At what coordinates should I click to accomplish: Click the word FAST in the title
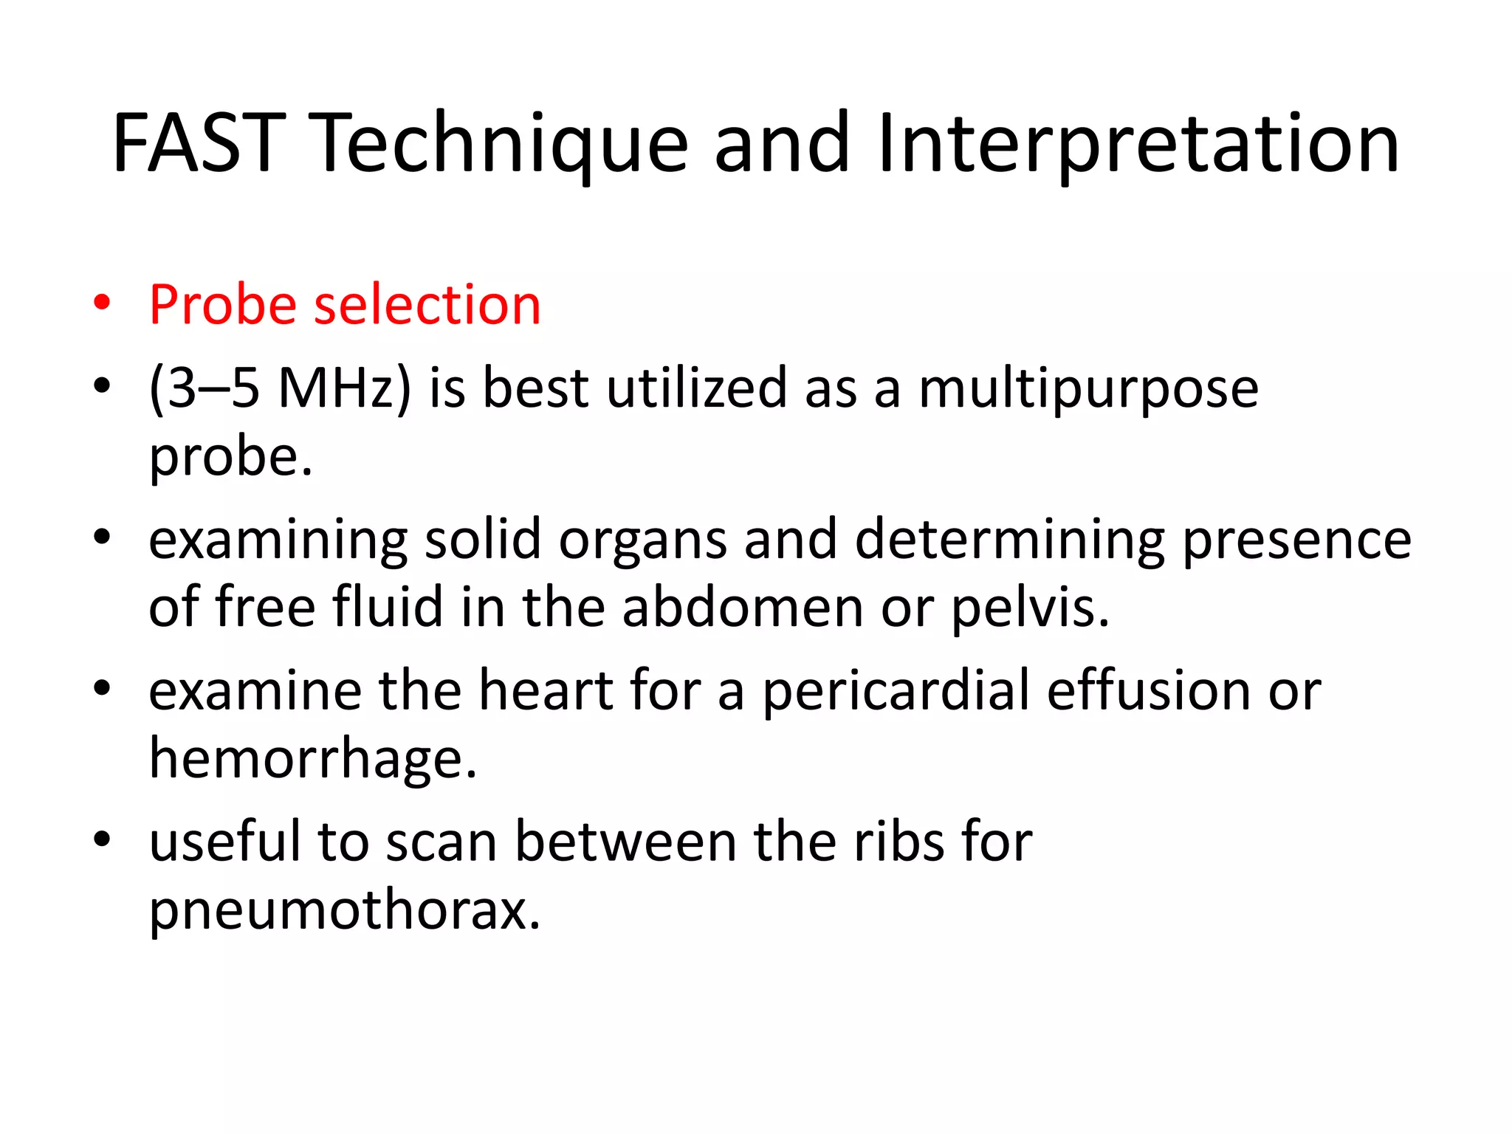(198, 144)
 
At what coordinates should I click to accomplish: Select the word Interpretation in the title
(1138, 144)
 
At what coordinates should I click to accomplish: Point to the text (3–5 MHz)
(279, 388)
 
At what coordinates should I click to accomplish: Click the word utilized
(696, 388)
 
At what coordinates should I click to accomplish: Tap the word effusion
(1148, 691)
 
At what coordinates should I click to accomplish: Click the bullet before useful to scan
(102, 839)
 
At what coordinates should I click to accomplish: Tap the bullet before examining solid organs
(102, 537)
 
